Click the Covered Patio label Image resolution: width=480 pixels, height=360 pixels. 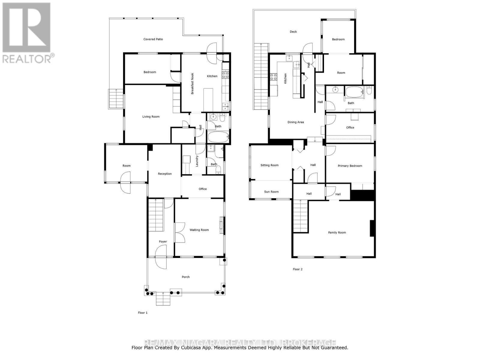pos(153,39)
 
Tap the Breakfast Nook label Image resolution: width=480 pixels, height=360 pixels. pos(192,84)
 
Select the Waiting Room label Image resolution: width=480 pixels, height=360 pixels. pos(199,230)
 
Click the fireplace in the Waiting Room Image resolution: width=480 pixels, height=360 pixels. pos(221,225)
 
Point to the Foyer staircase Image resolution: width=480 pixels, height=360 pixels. pos(155,215)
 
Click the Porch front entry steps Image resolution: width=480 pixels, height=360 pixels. pos(163,299)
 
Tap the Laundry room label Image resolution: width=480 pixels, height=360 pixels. pos(197,161)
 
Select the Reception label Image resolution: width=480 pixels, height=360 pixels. pos(165,174)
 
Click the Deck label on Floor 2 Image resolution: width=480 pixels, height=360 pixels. pos(293,32)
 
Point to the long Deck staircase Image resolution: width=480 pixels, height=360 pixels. pos(261,76)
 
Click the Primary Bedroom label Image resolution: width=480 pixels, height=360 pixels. pos(350,166)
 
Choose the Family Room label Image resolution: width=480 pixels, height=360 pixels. pos(337,232)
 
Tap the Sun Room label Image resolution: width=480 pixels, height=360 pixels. pos(271,192)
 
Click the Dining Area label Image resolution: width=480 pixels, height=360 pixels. pos(295,122)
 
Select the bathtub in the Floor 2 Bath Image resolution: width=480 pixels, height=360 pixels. pos(354,92)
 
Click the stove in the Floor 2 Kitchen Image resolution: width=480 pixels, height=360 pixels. pos(274,77)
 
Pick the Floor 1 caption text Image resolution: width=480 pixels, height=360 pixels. pos(142,313)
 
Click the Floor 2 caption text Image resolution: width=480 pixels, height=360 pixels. pos(298,269)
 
